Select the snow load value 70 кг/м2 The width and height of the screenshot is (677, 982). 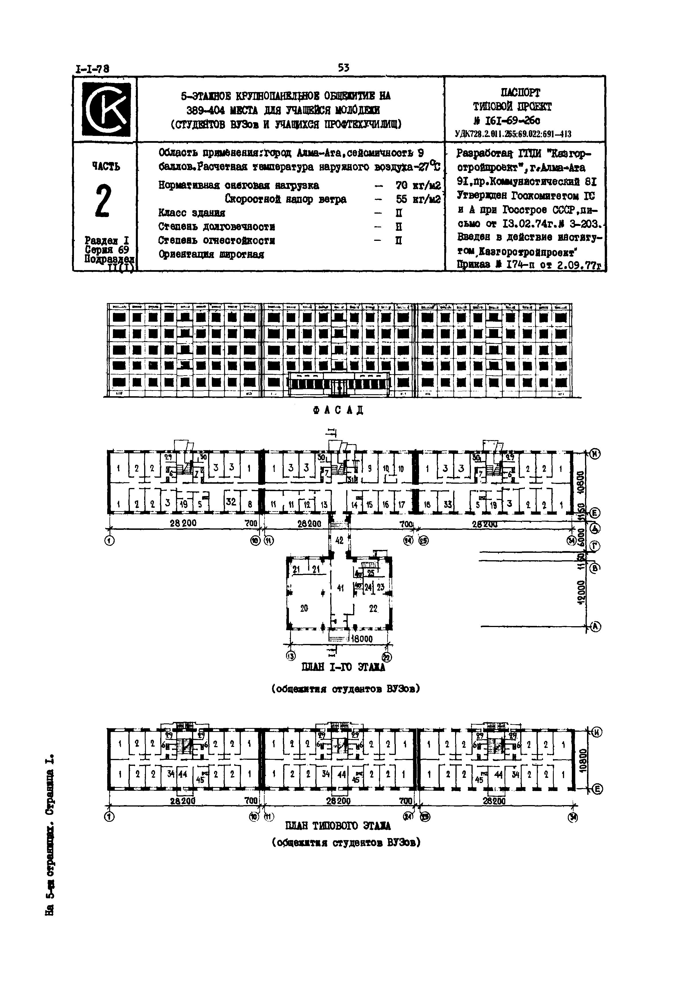tap(418, 186)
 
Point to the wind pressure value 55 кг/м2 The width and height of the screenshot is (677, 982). tap(418, 199)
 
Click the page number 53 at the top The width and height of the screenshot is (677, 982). tap(344, 67)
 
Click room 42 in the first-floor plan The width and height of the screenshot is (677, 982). tap(339, 541)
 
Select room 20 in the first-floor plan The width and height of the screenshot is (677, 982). tap(304, 608)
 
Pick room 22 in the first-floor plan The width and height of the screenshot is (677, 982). tap(373, 608)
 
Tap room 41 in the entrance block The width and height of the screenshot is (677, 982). tap(340, 588)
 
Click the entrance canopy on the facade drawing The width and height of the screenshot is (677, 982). tap(339, 376)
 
